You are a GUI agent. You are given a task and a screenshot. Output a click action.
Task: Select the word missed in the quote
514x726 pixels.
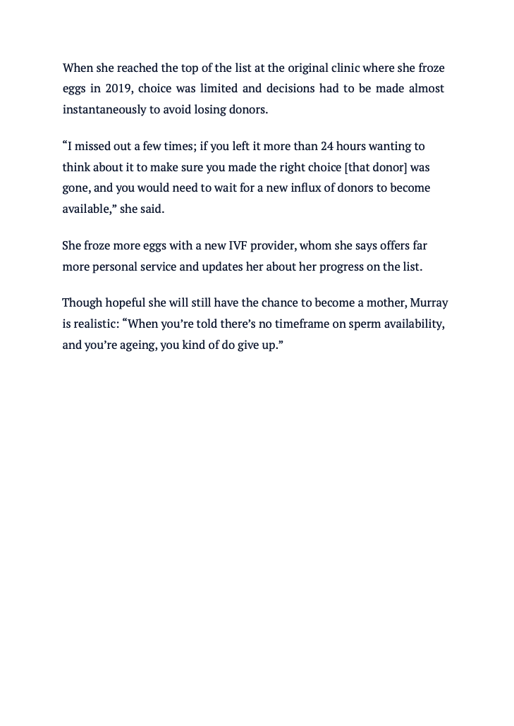tap(93, 147)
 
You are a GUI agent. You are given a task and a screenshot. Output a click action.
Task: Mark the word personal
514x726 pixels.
tap(114, 267)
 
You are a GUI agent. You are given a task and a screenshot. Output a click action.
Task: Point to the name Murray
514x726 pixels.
tap(427, 303)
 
